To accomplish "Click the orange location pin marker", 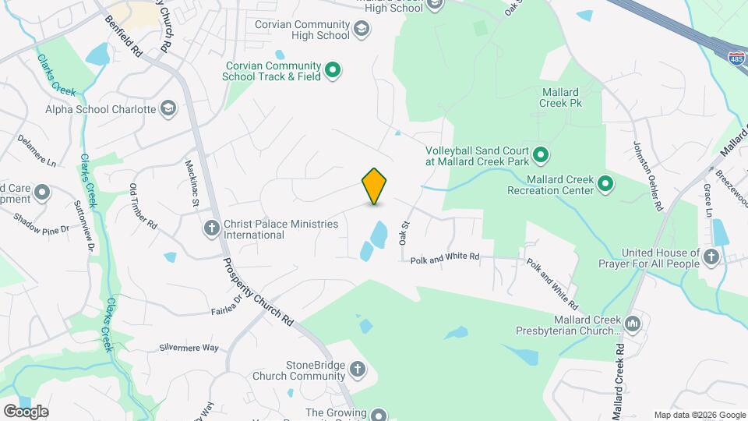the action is [374, 186].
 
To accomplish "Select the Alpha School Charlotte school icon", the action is [168, 109].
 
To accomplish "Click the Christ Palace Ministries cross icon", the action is [210, 228].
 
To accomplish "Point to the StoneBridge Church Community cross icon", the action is [357, 370].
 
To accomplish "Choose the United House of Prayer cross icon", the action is [710, 257].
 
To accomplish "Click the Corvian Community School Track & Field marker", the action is [333, 71].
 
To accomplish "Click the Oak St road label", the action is [404, 232].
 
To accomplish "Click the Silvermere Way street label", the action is [189, 348].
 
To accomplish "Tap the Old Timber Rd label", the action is [143, 206].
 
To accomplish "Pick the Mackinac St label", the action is [192, 185].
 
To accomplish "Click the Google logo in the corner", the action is [26, 411].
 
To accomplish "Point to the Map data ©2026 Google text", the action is [700, 415].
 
